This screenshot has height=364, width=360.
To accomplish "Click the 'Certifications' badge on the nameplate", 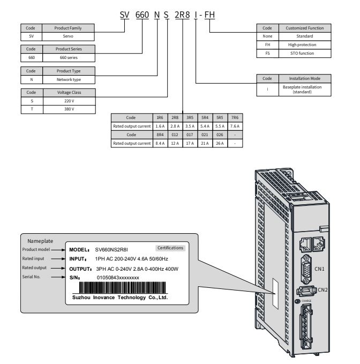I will (x=170, y=248).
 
